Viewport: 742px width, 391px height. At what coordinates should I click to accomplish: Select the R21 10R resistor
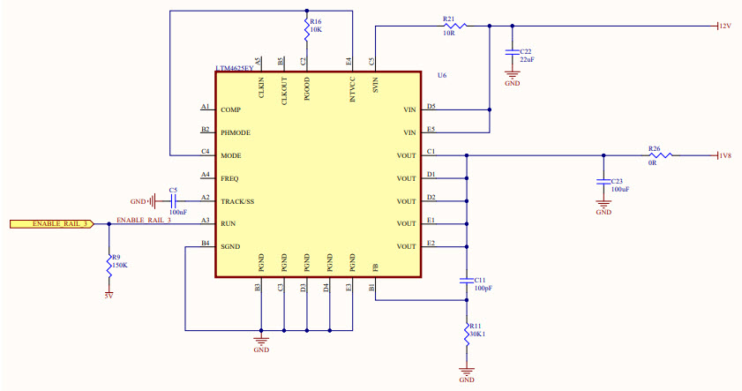click(455, 26)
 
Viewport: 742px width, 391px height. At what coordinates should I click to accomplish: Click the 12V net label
click(724, 26)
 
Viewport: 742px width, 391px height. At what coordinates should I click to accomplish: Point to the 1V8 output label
click(724, 156)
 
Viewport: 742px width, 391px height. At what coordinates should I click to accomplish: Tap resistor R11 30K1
click(467, 334)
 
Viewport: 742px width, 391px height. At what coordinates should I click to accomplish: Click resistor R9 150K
click(109, 259)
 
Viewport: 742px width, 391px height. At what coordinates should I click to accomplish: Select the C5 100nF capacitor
click(173, 200)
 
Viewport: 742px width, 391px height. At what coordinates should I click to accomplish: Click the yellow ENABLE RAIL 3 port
click(51, 223)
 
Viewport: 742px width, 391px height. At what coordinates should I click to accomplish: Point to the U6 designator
click(442, 76)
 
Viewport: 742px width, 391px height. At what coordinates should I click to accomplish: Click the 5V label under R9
click(108, 297)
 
